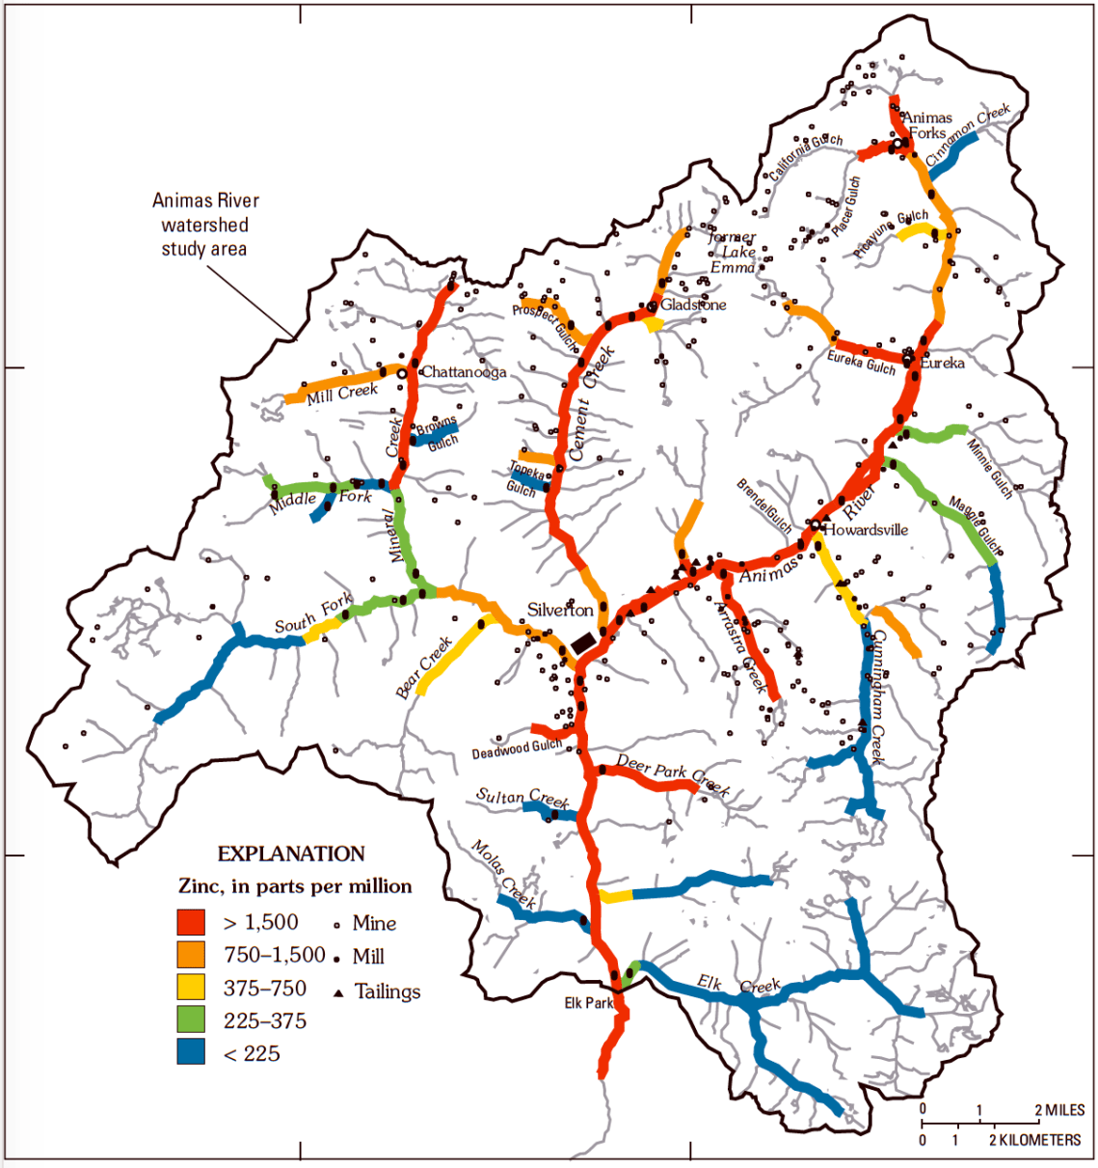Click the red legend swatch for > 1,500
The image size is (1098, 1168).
point(191,922)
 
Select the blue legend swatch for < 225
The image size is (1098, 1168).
point(191,1052)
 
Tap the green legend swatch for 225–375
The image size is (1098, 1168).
point(191,1019)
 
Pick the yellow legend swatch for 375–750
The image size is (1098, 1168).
point(191,987)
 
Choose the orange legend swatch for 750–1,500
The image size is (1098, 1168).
point(191,955)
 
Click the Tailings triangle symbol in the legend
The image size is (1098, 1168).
point(338,992)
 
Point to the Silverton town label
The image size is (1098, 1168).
point(560,610)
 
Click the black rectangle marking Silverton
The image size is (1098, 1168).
point(582,641)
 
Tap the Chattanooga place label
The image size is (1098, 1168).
point(464,372)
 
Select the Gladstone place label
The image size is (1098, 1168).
point(693,305)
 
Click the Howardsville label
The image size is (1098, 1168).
point(866,530)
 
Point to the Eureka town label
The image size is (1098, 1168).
point(942,364)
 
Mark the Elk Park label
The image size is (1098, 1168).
point(589,1003)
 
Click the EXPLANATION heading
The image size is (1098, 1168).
point(291,854)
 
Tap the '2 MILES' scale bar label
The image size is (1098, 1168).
point(1059,1110)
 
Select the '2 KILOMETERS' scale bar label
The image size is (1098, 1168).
point(1034,1140)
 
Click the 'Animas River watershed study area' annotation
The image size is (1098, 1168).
point(205,225)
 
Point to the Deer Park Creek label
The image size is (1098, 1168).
point(673,774)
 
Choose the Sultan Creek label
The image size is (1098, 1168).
point(522,798)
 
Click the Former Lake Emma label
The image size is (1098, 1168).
point(733,252)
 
